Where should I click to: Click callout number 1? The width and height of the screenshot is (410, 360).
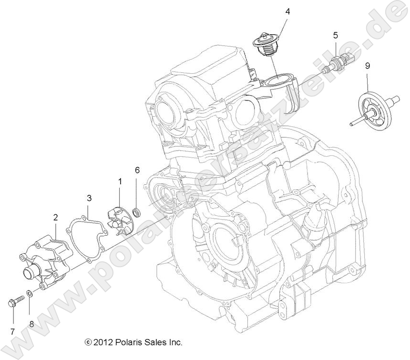120,181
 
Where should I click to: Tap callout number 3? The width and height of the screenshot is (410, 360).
89,198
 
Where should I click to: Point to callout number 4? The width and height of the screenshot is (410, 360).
287,11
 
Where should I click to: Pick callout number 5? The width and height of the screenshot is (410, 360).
335,35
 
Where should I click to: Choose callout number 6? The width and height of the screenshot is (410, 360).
137,170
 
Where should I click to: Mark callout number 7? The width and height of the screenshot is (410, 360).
12,331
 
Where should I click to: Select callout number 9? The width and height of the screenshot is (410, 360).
368,66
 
